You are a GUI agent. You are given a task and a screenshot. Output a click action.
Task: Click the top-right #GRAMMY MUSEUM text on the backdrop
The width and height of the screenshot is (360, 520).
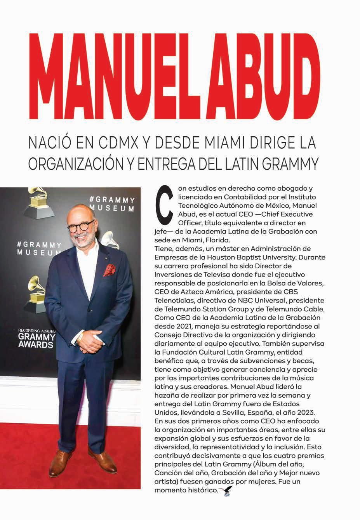(x=112, y=204)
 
